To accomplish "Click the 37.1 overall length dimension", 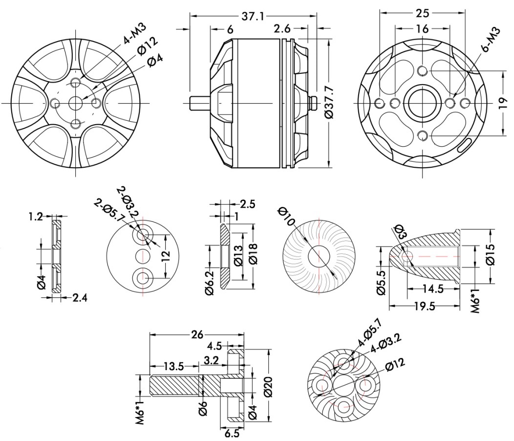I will (x=253, y=17).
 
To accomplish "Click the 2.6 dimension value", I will (x=283, y=29).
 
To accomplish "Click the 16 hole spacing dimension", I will (x=422, y=29).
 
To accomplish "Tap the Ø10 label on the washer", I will (x=287, y=215).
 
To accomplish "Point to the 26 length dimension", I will (x=196, y=335).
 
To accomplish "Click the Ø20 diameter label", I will (x=267, y=386).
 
